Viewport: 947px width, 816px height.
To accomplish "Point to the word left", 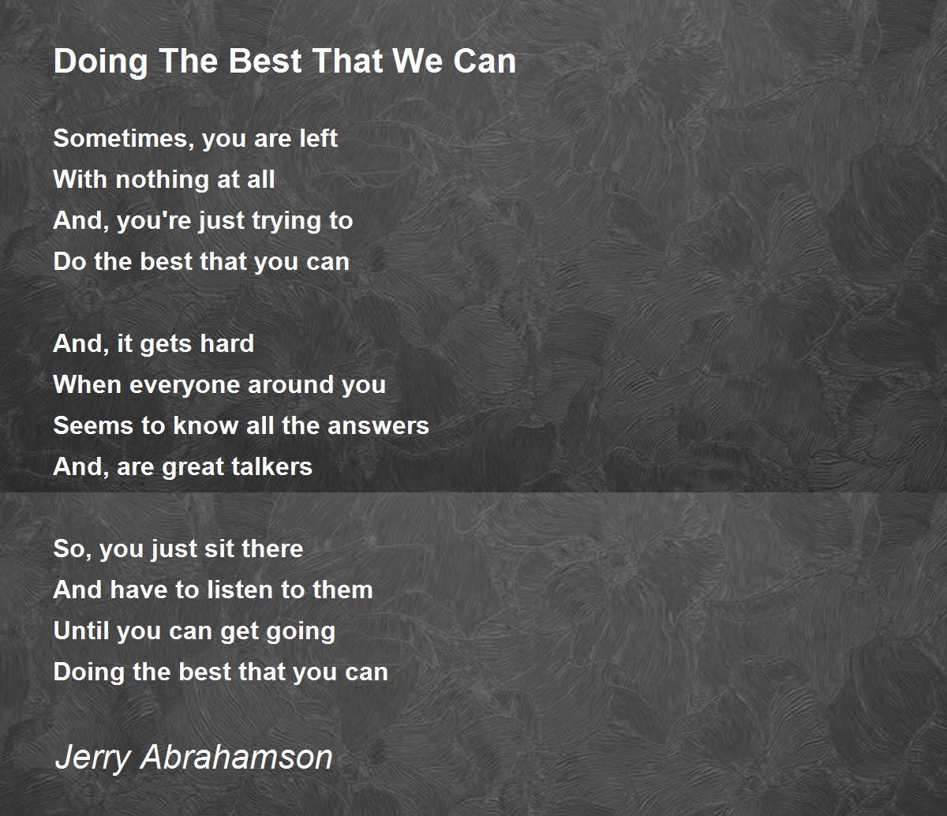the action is pos(318,138).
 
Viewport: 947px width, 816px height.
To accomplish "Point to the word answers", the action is pos(378,425).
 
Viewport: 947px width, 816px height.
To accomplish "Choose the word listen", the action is pos(239,590).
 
